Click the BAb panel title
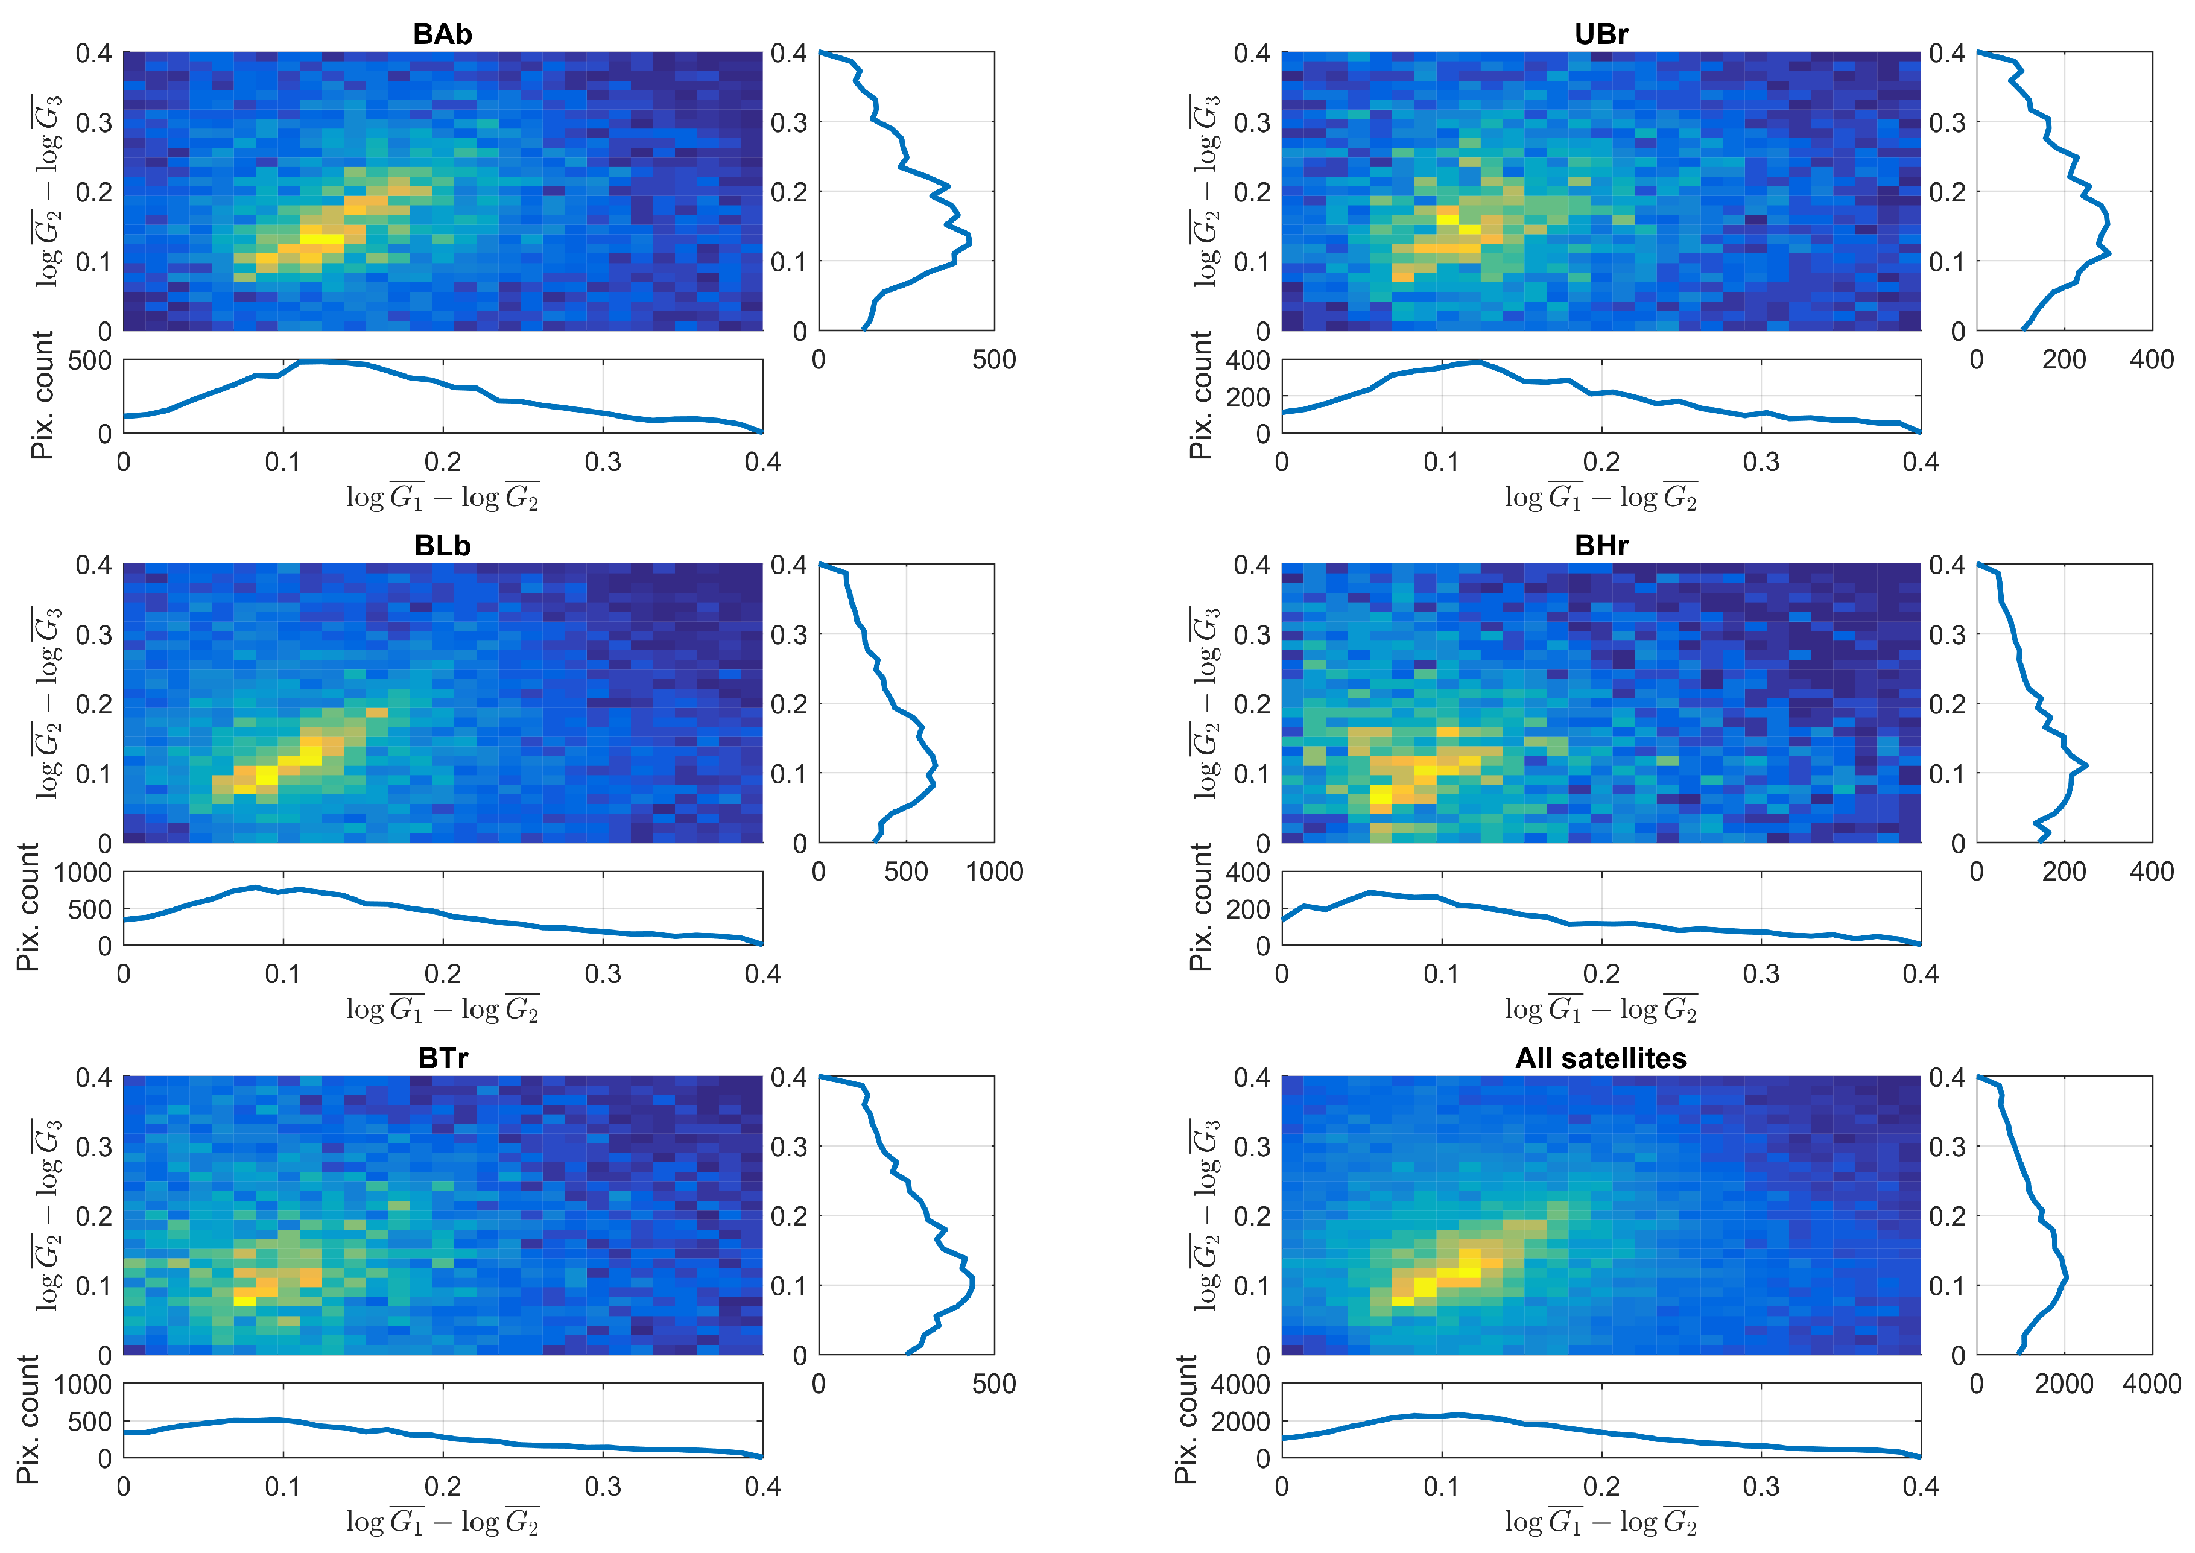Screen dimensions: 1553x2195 pyautogui.click(x=442, y=34)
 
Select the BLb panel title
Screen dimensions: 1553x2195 pyautogui.click(x=442, y=546)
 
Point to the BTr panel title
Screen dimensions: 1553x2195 pyautogui.click(x=442, y=1058)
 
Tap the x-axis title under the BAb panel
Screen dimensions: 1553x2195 pyautogui.click(x=442, y=498)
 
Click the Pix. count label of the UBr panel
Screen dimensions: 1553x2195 pyautogui.click(x=1200, y=395)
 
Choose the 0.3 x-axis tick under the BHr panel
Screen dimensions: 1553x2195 pyautogui.click(x=1761, y=975)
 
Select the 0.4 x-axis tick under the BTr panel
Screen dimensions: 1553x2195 pyautogui.click(x=762, y=1487)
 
